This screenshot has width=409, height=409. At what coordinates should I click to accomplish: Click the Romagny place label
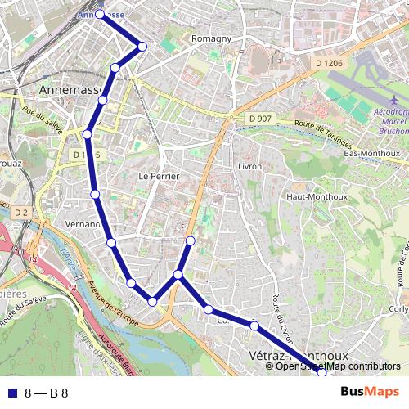pos(211,38)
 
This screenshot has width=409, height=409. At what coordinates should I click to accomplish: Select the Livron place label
pos(249,166)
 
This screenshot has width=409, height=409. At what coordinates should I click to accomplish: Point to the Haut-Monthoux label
pos(317,197)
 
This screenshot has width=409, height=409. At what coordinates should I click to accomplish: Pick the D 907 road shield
pos(258,119)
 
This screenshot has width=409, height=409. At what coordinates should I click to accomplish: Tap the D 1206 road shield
pos(329,63)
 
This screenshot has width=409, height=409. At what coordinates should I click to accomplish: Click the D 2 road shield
pos(21,213)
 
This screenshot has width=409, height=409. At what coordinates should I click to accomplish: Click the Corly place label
pos(398,309)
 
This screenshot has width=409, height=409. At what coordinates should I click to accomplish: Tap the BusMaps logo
pos(371,392)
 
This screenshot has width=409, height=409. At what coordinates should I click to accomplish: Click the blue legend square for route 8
pos(11,393)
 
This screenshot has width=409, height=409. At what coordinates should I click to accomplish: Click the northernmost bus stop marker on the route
pos(100,14)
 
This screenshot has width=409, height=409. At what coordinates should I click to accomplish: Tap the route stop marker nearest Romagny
pos(142,47)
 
